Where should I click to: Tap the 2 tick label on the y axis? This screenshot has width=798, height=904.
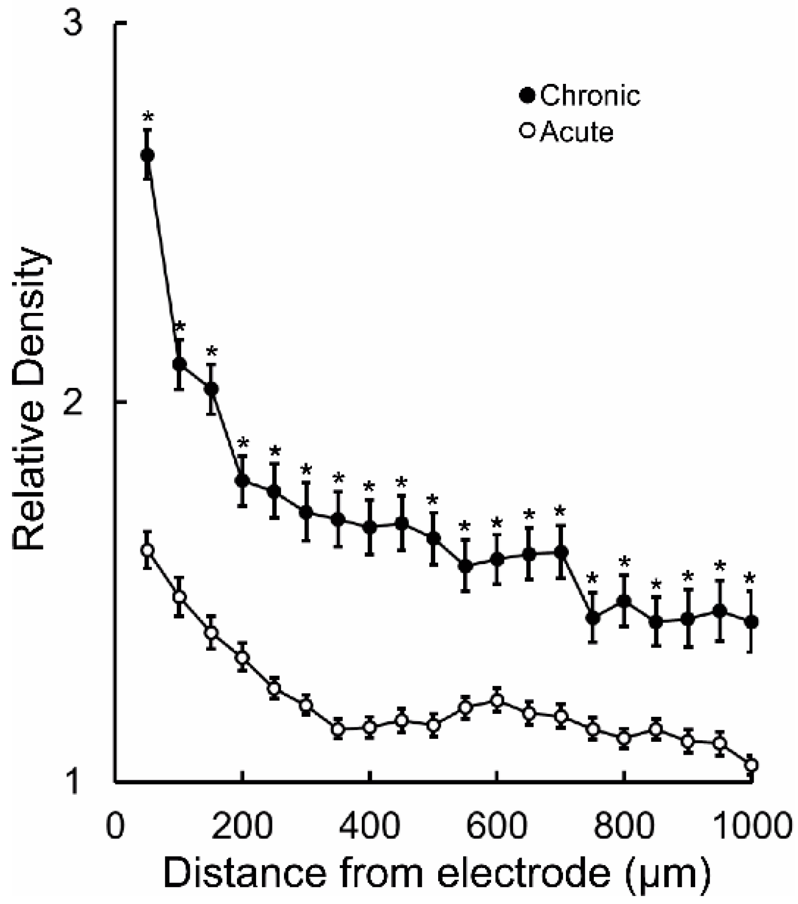74,402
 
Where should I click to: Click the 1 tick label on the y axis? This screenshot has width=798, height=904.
74,782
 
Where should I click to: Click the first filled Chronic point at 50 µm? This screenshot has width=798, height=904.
147,155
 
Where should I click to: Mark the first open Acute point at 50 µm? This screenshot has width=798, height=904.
147,550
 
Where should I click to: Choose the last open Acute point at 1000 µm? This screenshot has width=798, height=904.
751,765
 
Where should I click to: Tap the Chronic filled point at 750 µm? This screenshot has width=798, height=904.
592,618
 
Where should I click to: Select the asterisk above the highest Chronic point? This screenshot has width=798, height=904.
148,118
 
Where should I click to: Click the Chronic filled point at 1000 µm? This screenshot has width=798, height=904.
751,622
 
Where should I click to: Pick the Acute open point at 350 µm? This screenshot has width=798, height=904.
338,729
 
